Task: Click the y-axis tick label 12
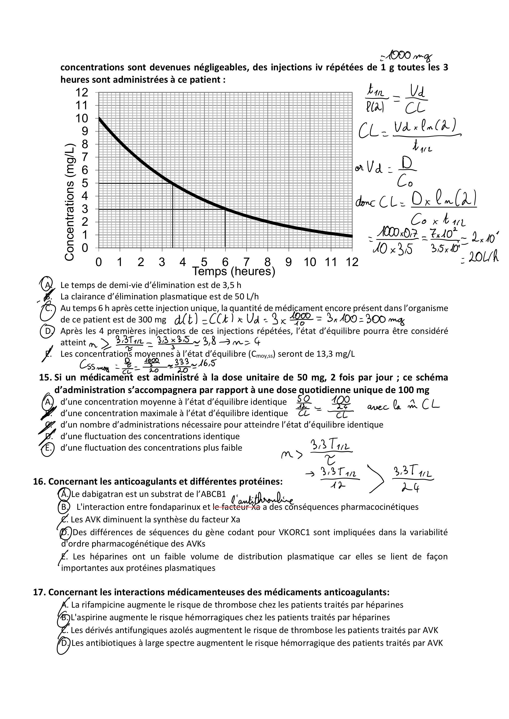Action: (x=82, y=92)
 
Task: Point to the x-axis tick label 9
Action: (x=289, y=262)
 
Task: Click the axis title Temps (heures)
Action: (x=234, y=271)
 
